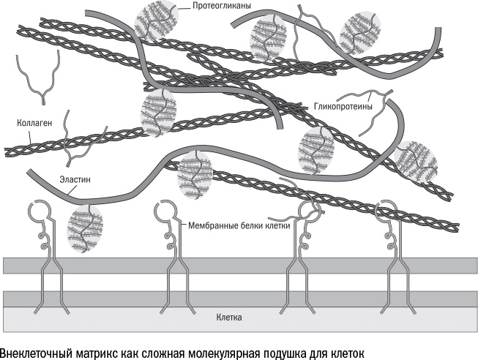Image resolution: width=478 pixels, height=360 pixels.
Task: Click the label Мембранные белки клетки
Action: [x=239, y=226]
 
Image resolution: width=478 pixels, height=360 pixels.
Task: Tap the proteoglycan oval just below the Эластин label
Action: [x=86, y=229]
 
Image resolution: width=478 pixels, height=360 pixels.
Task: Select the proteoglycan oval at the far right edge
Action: [x=417, y=162]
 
